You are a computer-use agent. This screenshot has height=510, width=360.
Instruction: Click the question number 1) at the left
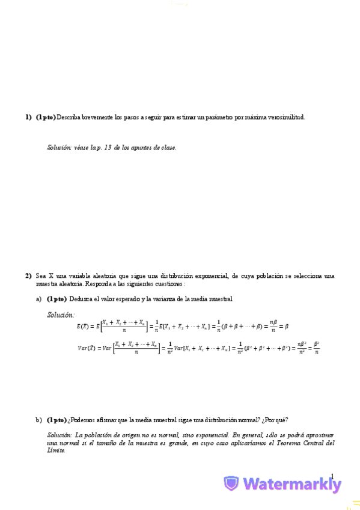click(x=28, y=117)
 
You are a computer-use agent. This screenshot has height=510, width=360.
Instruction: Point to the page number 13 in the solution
click(x=108, y=147)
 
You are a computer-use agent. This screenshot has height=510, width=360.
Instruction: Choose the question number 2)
click(x=28, y=276)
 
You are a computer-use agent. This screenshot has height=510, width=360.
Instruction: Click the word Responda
click(x=99, y=283)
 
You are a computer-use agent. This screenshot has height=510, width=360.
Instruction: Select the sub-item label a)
click(x=38, y=299)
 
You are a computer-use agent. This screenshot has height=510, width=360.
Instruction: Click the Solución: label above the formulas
click(x=61, y=315)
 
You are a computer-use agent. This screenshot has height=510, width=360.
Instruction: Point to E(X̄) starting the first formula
click(x=87, y=326)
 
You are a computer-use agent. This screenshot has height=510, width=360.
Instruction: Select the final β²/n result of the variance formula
click(x=316, y=348)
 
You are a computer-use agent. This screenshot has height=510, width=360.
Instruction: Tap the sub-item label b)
click(x=38, y=420)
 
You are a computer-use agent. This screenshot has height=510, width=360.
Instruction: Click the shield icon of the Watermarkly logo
click(x=231, y=484)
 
